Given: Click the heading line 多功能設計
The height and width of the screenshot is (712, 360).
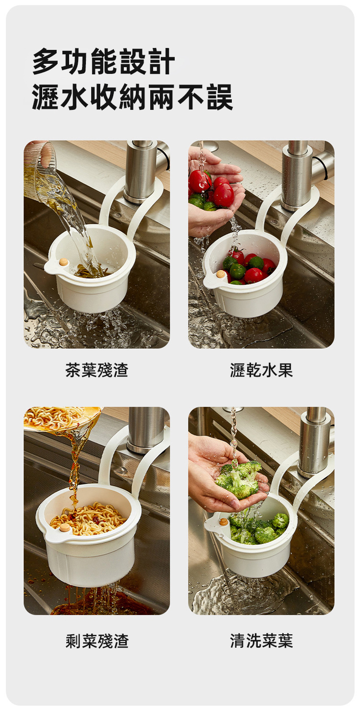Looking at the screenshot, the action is click(x=104, y=61).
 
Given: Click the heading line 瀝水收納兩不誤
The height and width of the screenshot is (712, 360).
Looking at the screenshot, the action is click(x=132, y=97).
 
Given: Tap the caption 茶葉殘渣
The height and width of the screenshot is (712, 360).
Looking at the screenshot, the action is click(x=96, y=370).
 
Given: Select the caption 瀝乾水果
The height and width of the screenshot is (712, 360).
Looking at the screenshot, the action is click(x=261, y=370).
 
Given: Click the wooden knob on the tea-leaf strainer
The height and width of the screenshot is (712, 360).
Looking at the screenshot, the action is click(x=64, y=262).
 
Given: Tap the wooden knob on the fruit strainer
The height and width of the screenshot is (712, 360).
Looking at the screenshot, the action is click(x=220, y=274).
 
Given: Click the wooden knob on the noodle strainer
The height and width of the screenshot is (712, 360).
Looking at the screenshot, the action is click(x=65, y=528).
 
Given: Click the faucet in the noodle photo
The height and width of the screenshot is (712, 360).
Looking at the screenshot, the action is click(x=147, y=429).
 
